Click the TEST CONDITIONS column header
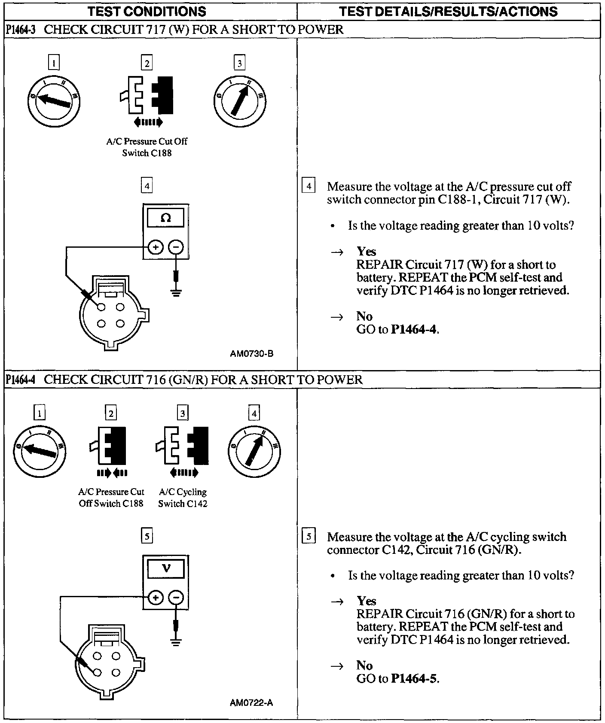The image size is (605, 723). (147, 11)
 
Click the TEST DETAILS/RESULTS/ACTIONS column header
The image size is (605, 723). (448, 11)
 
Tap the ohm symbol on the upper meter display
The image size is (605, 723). (165, 218)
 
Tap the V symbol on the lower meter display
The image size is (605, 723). (166, 568)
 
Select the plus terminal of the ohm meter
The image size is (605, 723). (155, 247)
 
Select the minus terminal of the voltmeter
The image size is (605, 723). (176, 598)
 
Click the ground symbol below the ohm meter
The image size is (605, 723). (176, 293)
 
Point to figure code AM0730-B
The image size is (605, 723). (251, 354)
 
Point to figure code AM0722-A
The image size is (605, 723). (251, 703)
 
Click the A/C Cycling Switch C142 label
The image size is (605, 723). (183, 498)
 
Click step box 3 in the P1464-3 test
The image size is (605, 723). (239, 64)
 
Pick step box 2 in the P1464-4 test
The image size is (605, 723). (111, 413)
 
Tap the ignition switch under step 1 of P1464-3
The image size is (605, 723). (53, 101)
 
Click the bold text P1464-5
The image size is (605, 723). (415, 678)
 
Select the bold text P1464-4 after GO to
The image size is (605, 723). (415, 329)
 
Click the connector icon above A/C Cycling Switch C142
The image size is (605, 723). (183, 447)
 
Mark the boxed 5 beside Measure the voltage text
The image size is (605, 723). (309, 537)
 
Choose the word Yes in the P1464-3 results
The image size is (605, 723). (366, 251)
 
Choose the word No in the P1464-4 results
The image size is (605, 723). (364, 665)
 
